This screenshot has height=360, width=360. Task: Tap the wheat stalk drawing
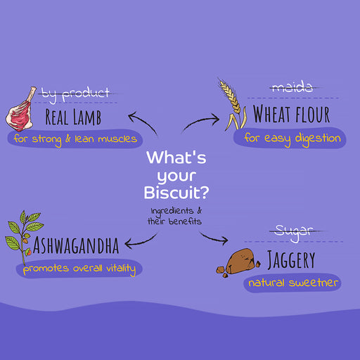(233, 104)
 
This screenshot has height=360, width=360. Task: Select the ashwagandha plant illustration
(22, 237)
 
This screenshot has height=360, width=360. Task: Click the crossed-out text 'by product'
(75, 94)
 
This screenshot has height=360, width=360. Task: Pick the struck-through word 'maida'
(292, 87)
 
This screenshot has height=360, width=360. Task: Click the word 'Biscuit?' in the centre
(176, 193)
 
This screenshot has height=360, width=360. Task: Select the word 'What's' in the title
(176, 157)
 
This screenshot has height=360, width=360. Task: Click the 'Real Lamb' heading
(73, 117)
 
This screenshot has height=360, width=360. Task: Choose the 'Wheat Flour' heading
(292, 114)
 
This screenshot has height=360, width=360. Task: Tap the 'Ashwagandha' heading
(76, 245)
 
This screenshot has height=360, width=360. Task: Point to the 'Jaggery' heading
(291, 259)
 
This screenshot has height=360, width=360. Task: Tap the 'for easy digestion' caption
(292, 139)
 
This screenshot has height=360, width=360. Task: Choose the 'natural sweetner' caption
(293, 283)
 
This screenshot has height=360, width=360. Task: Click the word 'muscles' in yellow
(117, 139)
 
